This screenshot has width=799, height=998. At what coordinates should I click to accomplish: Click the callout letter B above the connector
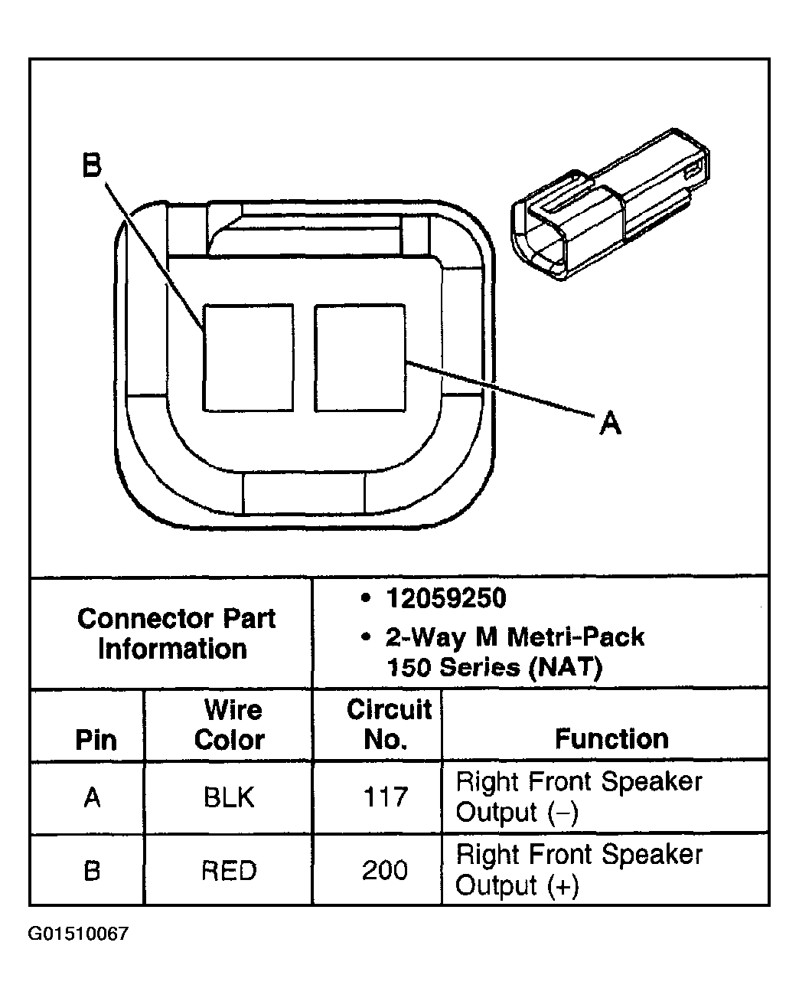[x=91, y=165]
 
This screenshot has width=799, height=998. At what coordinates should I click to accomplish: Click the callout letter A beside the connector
[x=610, y=422]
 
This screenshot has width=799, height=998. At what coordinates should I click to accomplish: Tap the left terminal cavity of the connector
[x=248, y=358]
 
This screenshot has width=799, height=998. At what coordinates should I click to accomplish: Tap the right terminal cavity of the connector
[x=360, y=358]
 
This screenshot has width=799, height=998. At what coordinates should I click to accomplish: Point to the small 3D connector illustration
[x=611, y=204]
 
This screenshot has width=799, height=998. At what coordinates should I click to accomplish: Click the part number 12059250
[x=446, y=597]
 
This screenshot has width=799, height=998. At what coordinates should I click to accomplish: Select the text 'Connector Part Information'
[x=176, y=633]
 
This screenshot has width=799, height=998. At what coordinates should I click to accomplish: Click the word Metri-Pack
[x=576, y=636]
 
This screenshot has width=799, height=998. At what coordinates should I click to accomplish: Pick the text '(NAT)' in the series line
[x=566, y=667]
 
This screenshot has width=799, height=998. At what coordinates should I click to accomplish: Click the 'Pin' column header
[x=96, y=740]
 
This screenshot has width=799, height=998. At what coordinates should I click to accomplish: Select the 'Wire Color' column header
[x=230, y=725]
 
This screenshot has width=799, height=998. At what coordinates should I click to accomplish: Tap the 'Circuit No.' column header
[x=389, y=724]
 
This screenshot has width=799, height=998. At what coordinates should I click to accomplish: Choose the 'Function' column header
[x=611, y=739]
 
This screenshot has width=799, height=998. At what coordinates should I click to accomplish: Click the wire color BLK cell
[x=229, y=797]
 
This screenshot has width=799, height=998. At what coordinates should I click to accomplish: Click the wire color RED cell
[x=229, y=870]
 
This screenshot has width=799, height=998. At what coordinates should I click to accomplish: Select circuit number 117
[x=386, y=797]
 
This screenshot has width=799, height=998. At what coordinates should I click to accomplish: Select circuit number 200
[x=385, y=870]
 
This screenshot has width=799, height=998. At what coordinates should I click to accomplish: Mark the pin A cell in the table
[x=92, y=797]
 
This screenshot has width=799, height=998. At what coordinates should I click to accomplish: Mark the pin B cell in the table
[x=92, y=870]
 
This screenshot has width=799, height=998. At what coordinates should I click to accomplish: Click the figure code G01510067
[x=78, y=934]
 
